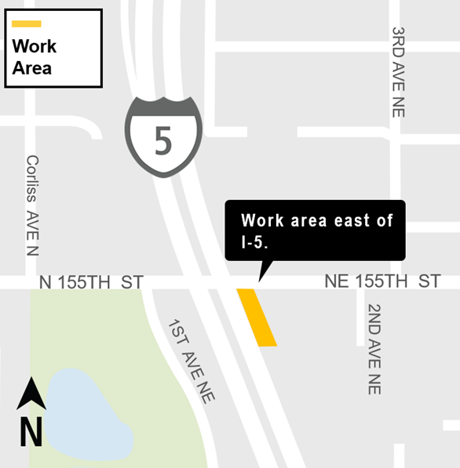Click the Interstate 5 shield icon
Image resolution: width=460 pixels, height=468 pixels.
coord(163,136)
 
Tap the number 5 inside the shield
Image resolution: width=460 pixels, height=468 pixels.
coord(163,141)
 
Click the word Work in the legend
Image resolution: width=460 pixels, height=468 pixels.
coord(35,46)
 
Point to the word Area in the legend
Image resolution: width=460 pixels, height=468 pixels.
coord(32,67)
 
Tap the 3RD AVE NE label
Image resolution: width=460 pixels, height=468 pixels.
coord(399,72)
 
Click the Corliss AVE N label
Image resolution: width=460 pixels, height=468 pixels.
coord(32,205)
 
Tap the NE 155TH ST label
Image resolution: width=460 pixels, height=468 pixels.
coord(382,281)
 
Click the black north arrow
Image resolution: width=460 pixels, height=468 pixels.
coord(31,394)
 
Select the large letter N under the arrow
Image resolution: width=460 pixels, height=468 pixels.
coord(31,431)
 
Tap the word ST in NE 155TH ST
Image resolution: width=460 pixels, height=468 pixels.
coord(429,281)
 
